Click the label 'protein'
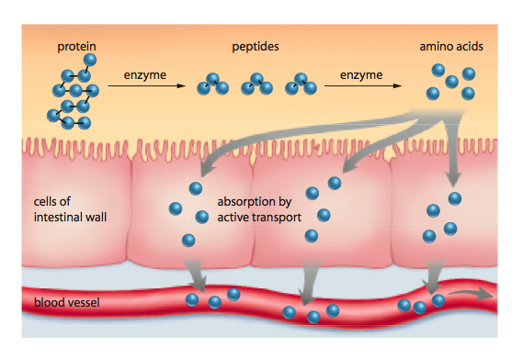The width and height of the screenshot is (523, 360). pos(75,45)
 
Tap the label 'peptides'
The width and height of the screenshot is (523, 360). pos(257,45)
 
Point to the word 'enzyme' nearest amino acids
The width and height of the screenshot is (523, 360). pos(359,73)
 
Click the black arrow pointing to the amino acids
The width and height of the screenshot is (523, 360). pos(359,87)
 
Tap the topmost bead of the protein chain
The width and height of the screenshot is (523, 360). pos(89,60)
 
